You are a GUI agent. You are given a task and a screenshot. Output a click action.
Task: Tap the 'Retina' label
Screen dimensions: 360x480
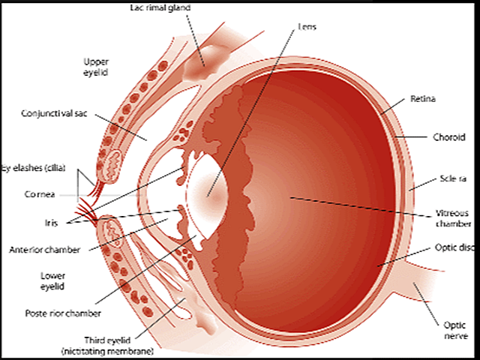coord(424,98)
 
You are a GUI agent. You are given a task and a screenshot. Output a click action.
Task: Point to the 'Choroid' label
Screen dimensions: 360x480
coord(451,137)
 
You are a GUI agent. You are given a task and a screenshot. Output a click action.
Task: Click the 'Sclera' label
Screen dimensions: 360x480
coord(452,181)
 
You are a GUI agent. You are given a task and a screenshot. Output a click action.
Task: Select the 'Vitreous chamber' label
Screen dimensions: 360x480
coord(453,218)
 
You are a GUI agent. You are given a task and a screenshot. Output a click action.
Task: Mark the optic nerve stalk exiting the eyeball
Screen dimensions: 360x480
coord(420,292)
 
